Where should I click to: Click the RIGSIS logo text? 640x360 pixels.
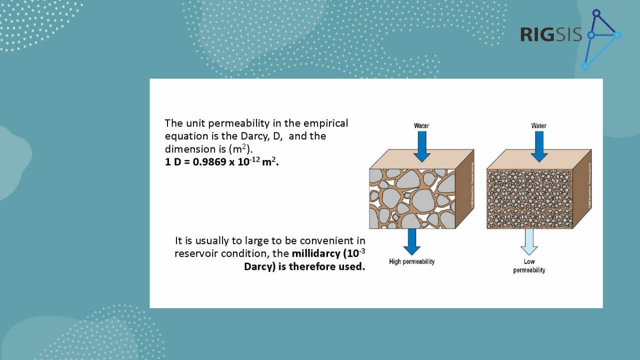pos(550,34)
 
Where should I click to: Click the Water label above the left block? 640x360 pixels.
pos(421,125)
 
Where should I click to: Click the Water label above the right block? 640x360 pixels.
pos(538,125)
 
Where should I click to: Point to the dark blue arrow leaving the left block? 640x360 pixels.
pos(411,241)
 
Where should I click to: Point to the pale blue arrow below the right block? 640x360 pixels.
pos(529,241)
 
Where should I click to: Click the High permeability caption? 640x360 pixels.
pos(411,261)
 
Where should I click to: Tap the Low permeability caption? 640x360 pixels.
pos(529,266)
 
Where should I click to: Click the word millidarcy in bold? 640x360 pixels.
pos(315,253)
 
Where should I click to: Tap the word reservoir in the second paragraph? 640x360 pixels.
pos(195,253)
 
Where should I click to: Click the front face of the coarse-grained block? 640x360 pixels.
pos(412,198)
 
